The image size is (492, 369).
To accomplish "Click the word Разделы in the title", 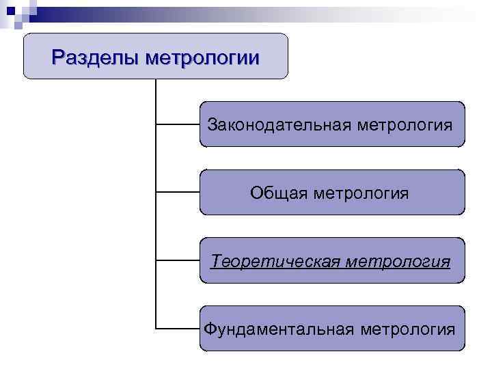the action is click(95, 56).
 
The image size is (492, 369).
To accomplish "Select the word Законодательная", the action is click(279, 125).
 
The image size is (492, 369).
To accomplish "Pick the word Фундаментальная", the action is click(279, 329).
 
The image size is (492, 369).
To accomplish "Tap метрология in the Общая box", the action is click(361, 193).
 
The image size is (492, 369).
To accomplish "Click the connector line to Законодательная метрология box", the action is click(178, 125).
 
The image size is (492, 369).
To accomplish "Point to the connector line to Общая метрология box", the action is click(178, 193).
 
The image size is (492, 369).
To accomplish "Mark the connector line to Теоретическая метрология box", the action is click(178, 260).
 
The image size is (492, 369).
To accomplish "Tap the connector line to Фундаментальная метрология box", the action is click(178, 329).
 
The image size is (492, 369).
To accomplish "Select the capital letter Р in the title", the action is click(58, 56).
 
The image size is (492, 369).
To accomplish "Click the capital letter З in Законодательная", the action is click(212, 125).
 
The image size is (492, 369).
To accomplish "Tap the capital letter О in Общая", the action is click(256, 193).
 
